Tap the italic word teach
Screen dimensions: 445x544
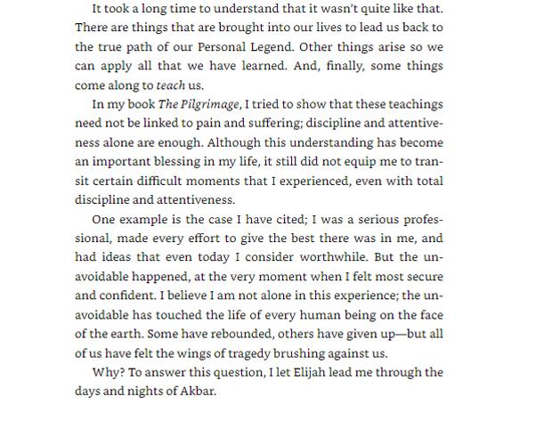170,86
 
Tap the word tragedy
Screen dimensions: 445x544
260,354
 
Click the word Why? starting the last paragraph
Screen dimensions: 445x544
107,373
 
